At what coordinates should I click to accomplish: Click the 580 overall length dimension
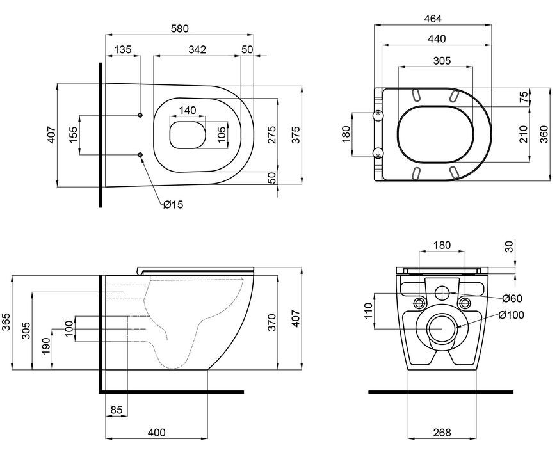coord(180,28)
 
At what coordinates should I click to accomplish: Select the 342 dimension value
coord(197,49)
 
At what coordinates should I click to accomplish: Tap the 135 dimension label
coord(122,49)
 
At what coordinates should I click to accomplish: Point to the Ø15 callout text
coord(174,204)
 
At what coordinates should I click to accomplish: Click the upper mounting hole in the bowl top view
coord(140,115)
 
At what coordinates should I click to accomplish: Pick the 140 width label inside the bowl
coord(187,111)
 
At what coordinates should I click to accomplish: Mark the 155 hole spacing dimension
coord(73,135)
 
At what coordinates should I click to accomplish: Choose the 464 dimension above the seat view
coord(433,19)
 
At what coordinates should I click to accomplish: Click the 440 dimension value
coord(437,38)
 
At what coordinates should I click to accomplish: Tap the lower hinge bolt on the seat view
coord(378,154)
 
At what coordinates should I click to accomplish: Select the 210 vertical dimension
coord(523,134)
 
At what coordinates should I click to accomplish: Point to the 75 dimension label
coord(524,97)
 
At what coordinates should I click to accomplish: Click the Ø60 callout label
coord(513,299)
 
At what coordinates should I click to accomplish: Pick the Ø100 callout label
coord(511,315)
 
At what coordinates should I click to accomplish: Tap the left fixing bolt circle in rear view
coord(419,303)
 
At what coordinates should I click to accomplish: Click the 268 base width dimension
coord(442,432)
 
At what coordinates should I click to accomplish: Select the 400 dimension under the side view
coord(157,432)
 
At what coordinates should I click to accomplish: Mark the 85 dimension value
coord(117,410)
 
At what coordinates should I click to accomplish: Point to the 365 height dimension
coord(6,322)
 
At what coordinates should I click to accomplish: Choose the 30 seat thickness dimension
coord(510,246)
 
